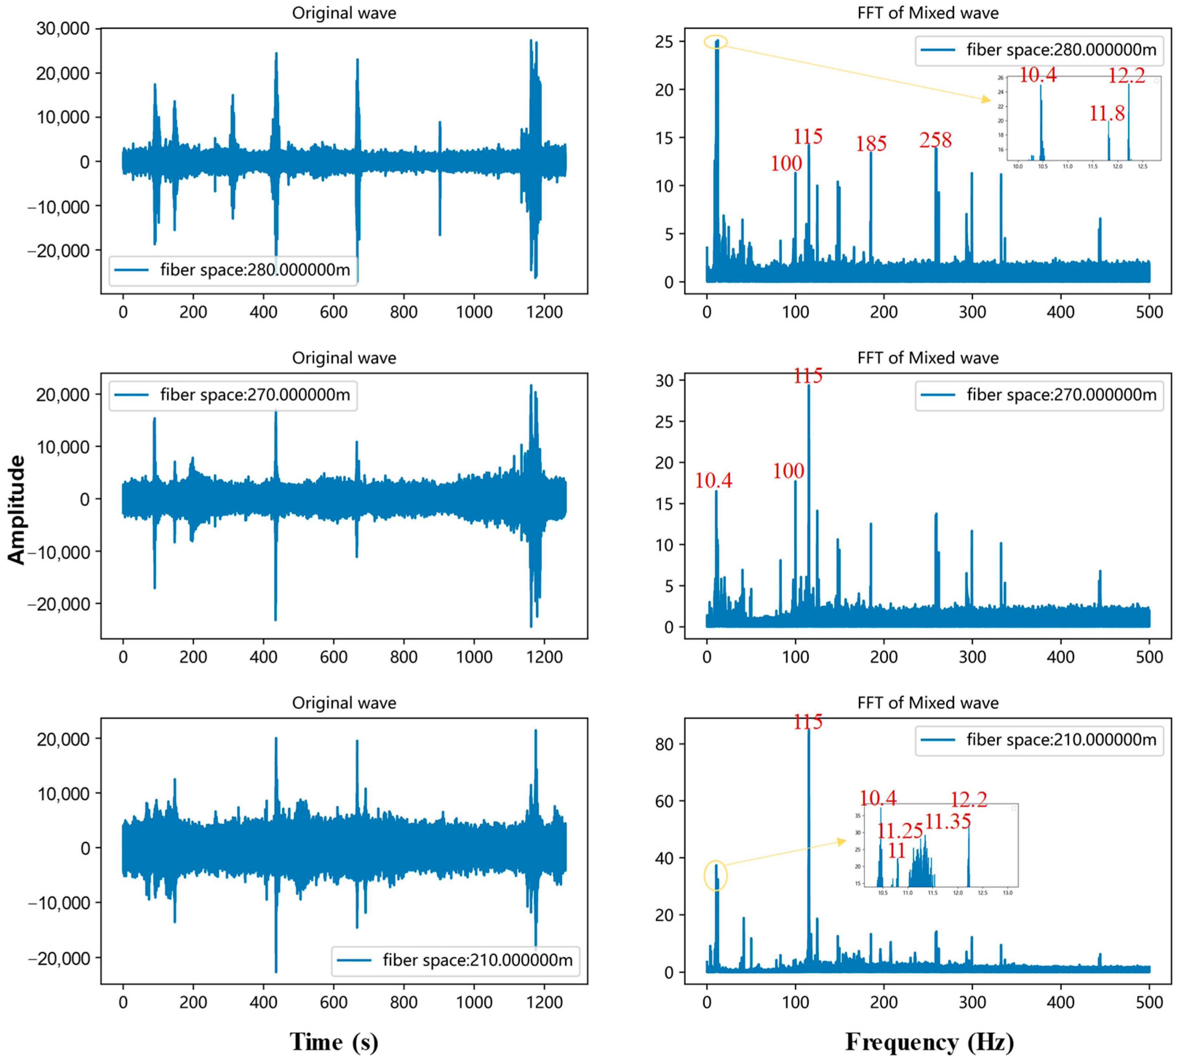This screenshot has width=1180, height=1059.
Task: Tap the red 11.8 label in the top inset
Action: click(x=1106, y=113)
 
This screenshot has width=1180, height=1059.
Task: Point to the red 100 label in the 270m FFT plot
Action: click(x=788, y=470)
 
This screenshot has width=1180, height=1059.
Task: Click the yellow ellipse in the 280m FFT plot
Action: click(x=715, y=42)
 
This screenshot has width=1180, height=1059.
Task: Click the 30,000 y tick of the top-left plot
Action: click(x=63, y=28)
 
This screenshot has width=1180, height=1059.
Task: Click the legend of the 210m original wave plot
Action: click(x=456, y=961)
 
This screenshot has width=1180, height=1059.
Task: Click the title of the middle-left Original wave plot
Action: click(x=344, y=358)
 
